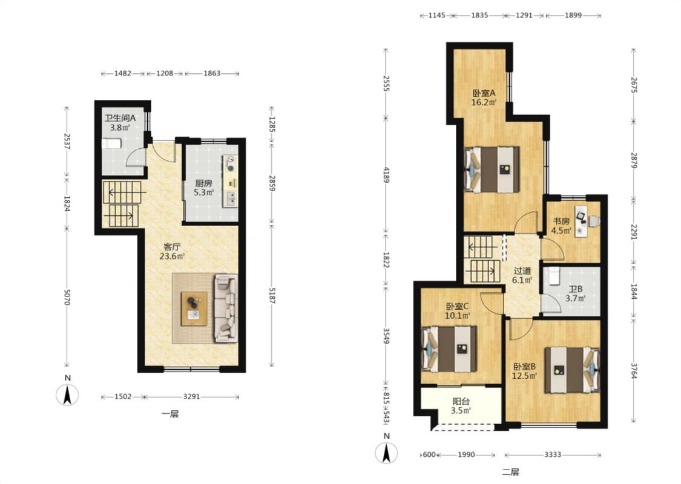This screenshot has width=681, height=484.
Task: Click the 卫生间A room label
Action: (120, 117)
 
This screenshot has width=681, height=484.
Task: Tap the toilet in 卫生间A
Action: (111, 143)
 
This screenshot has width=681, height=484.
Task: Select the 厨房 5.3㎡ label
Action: (203, 188)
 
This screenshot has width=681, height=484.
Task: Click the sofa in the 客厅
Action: (226, 308)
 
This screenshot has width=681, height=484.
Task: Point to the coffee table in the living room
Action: (194, 309)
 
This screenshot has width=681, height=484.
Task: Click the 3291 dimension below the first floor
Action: (191, 396)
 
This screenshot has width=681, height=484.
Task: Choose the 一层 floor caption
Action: (170, 414)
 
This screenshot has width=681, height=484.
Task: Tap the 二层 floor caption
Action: (510, 471)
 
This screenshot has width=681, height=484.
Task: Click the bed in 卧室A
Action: (492, 170)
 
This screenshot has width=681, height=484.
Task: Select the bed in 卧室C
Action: (449, 349)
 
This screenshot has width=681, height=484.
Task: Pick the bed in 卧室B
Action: (573, 370)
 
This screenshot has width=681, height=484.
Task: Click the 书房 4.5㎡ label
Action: (561, 226)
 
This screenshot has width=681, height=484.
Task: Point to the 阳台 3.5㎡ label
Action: (461, 407)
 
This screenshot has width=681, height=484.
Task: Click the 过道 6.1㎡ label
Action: (522, 275)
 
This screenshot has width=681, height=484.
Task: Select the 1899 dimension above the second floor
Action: (573, 15)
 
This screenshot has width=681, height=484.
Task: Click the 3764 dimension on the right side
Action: (633, 371)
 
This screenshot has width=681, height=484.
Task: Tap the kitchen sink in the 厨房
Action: (231, 199)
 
